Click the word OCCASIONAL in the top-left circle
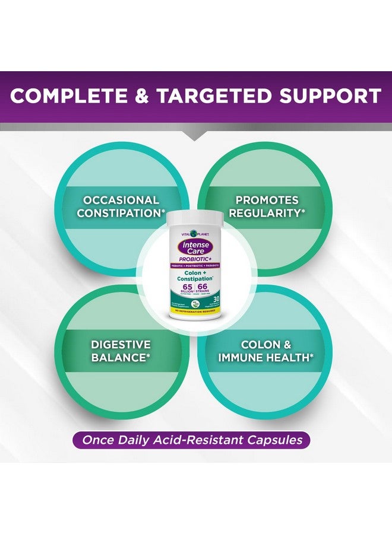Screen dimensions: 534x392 [121, 201]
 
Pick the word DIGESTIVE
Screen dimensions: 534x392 [121, 345]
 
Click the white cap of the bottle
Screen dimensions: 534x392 [195, 220]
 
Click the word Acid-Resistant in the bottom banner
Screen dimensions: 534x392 [191, 440]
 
